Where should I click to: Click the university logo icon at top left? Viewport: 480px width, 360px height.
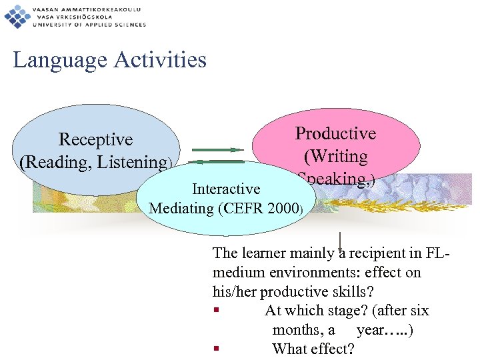pyautogui.click(x=17, y=15)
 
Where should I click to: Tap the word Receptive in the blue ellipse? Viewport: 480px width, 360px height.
pyautogui.click(x=95, y=139)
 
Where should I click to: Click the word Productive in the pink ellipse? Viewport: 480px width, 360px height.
pyautogui.click(x=335, y=133)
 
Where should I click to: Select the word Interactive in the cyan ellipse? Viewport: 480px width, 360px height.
pyautogui.click(x=226, y=189)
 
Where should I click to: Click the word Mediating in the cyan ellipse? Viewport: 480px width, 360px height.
pyautogui.click(x=181, y=208)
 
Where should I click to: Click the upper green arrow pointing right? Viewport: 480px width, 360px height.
pyautogui.click(x=215, y=150)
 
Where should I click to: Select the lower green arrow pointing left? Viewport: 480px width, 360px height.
pyautogui.click(x=215, y=161)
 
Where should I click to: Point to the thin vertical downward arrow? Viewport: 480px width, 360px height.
pyautogui.click(x=340, y=241)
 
